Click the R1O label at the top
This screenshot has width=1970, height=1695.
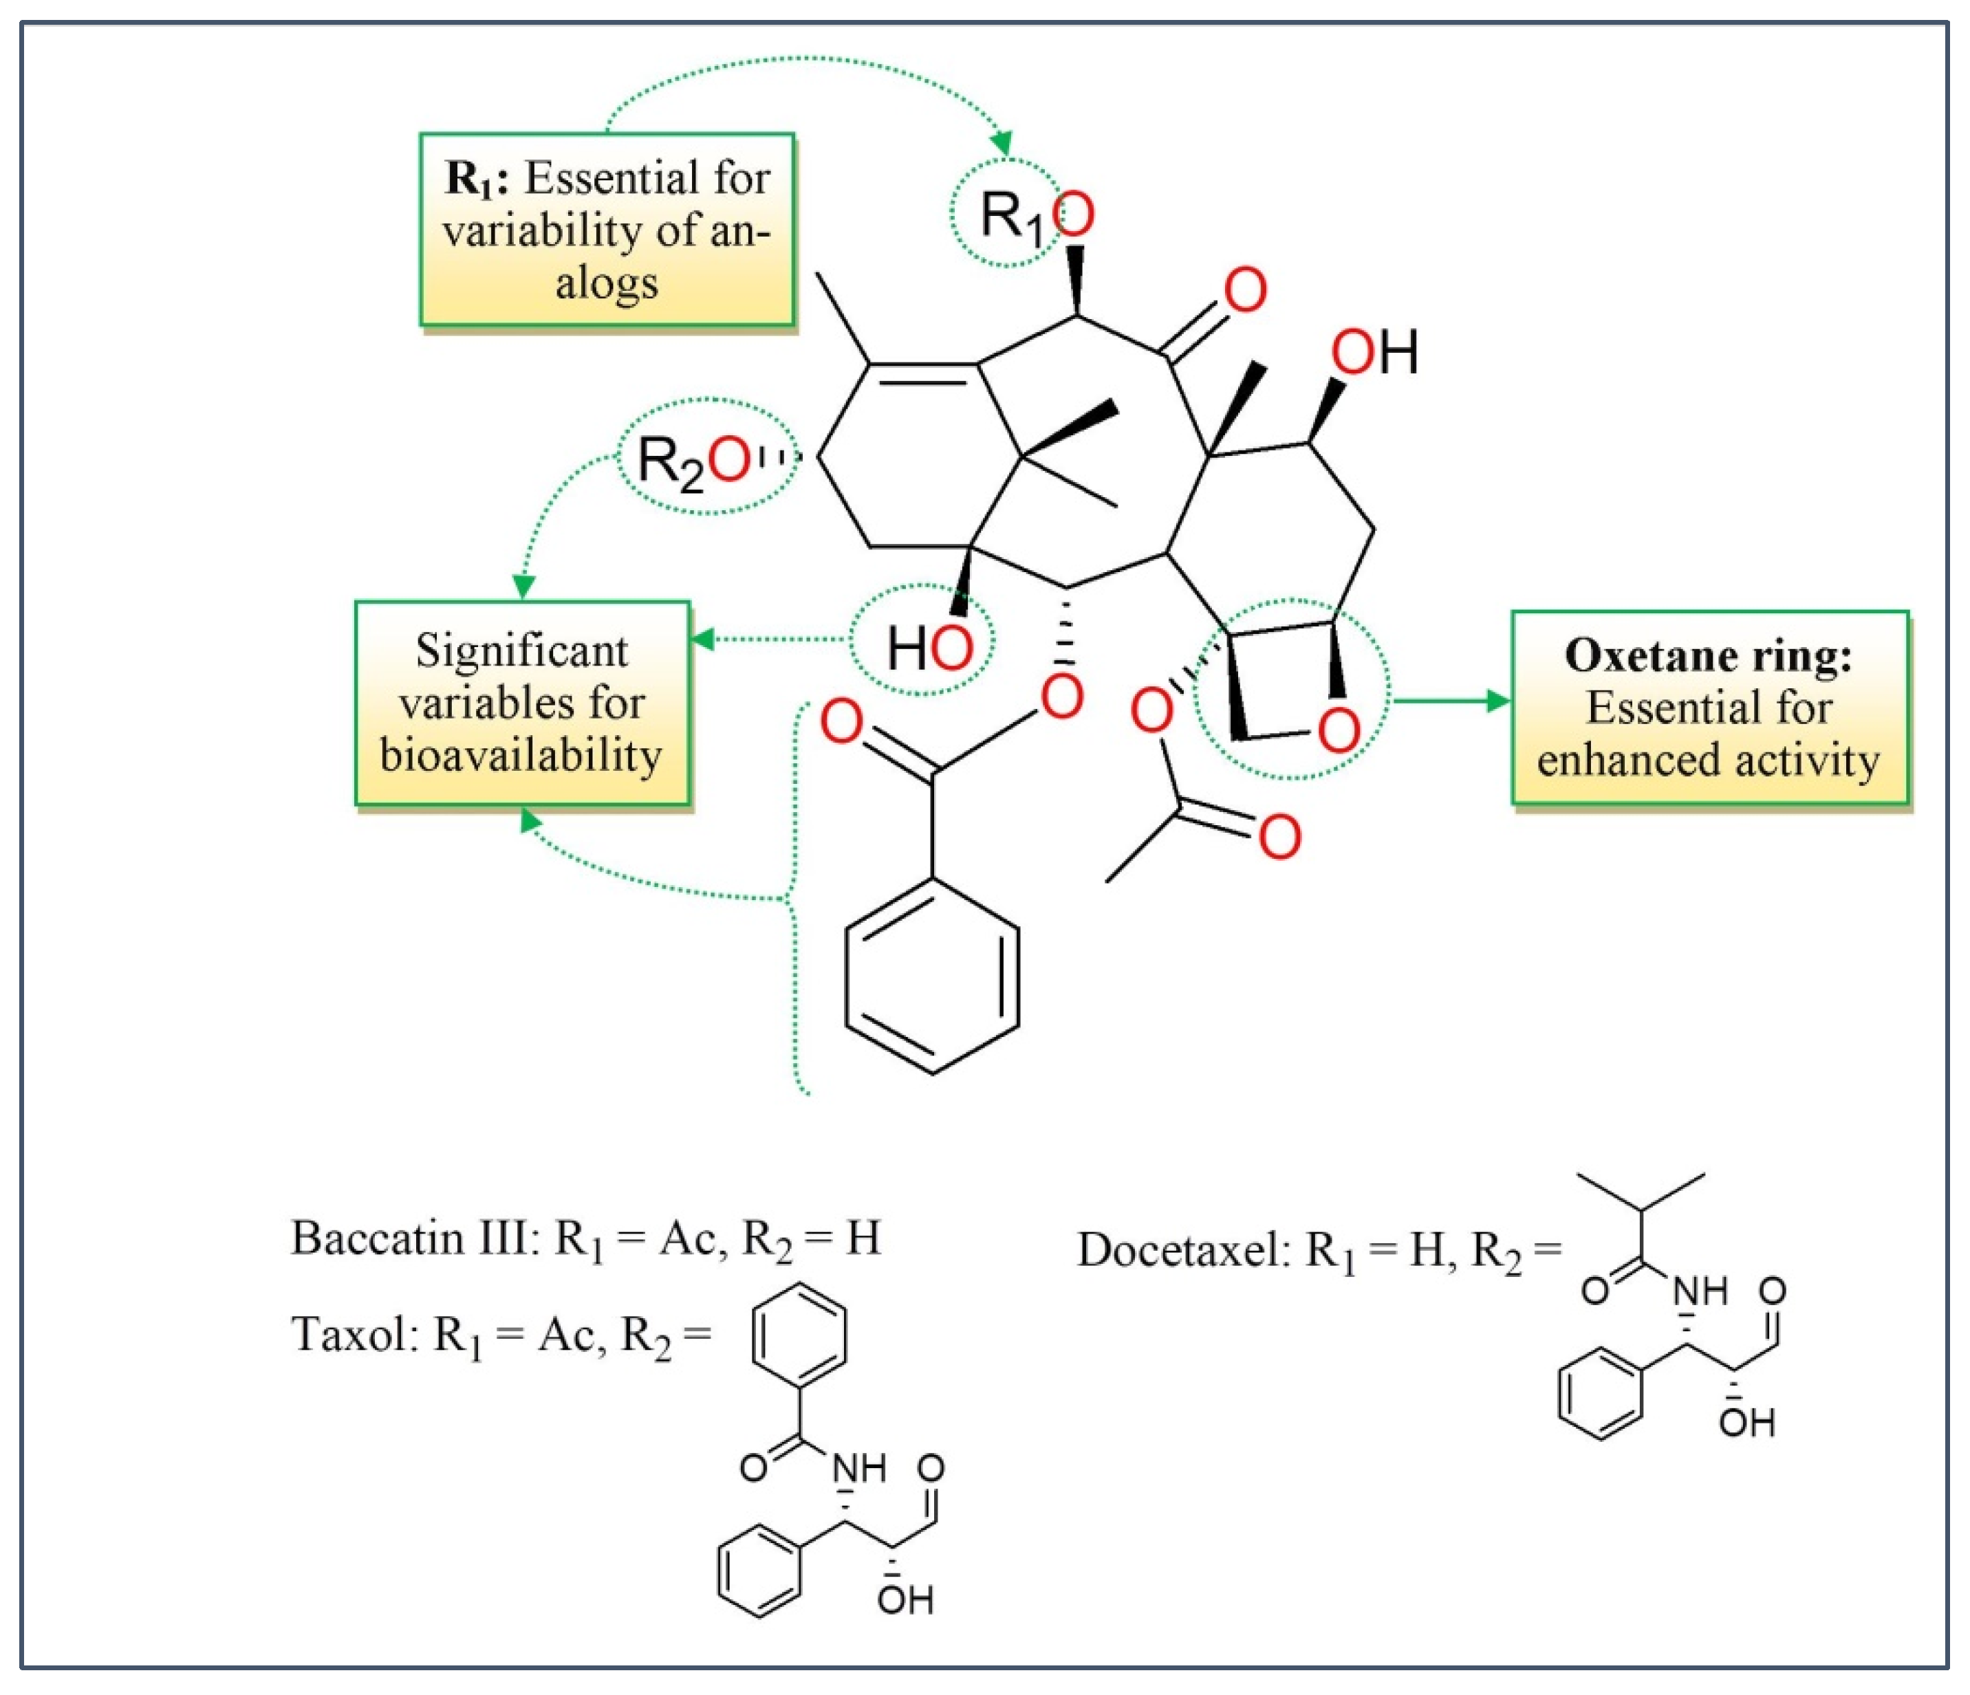click(1035, 217)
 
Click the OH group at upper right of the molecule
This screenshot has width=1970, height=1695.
click(1373, 353)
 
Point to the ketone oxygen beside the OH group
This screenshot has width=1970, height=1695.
click(1244, 291)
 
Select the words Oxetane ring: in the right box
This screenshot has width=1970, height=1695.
click(1708, 656)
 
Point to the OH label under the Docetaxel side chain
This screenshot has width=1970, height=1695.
click(1746, 1423)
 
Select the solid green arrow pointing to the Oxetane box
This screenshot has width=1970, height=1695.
click(1450, 701)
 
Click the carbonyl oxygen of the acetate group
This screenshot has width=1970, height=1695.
click(1279, 838)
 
